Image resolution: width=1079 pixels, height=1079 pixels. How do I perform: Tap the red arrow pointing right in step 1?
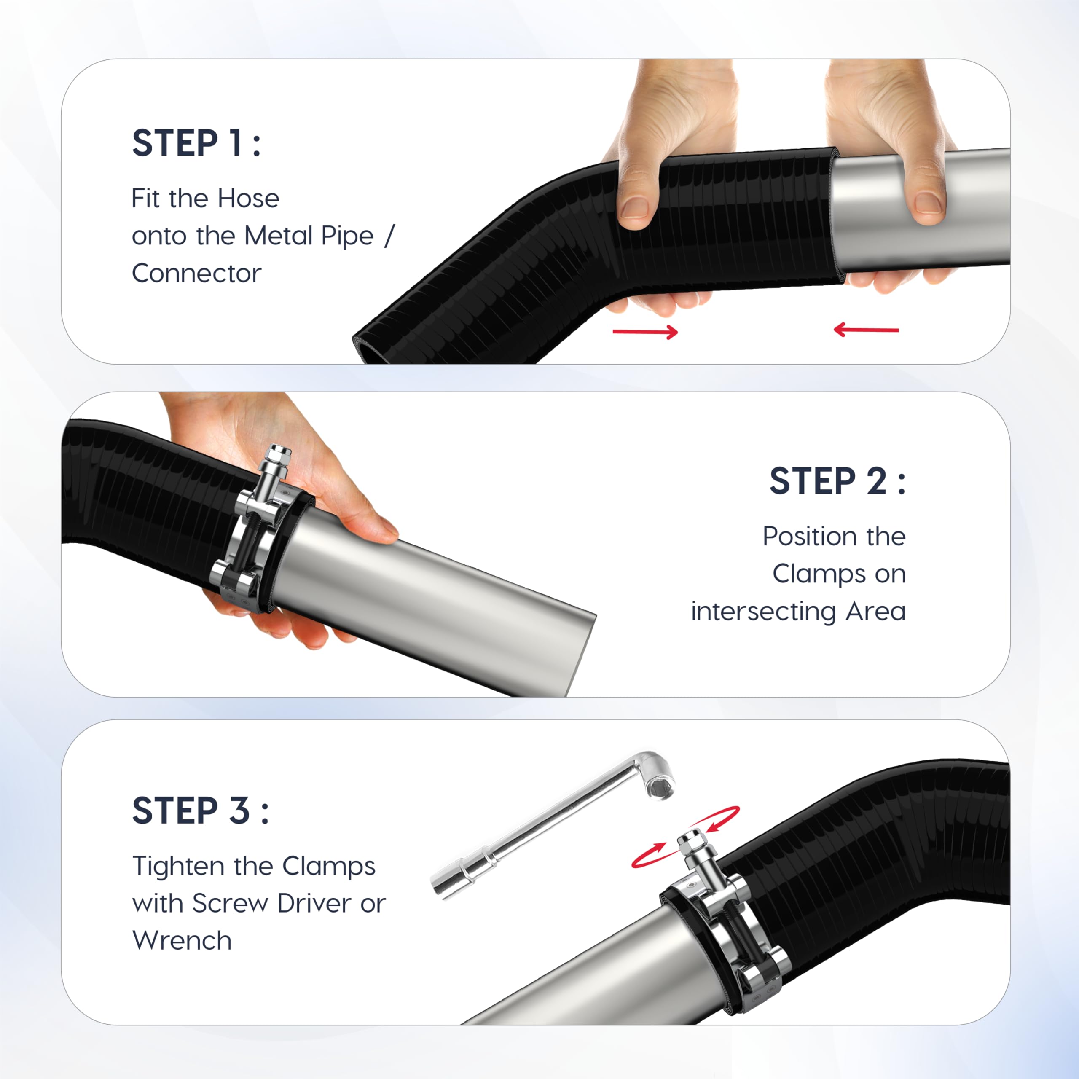click(645, 332)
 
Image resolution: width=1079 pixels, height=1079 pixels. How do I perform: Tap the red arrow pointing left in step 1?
click(866, 330)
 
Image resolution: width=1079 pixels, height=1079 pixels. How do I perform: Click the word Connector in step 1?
click(196, 273)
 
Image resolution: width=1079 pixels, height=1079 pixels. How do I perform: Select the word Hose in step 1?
click(249, 198)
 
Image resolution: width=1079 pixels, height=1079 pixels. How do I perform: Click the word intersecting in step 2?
click(763, 612)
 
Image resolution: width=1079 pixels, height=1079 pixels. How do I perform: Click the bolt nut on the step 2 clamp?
click(278, 455)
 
